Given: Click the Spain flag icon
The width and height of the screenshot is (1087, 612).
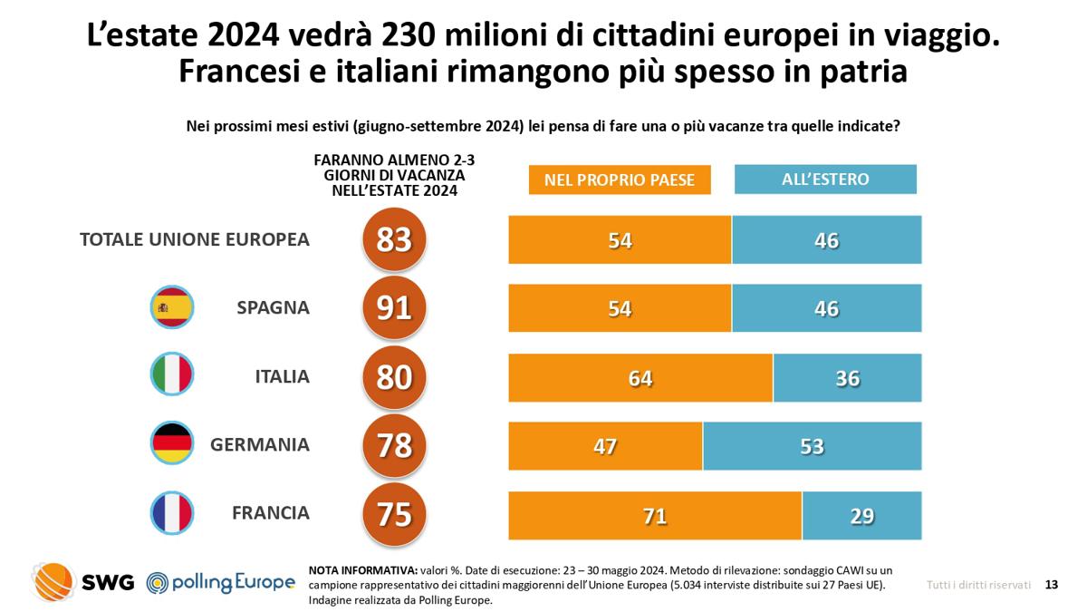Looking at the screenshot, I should point(171,308).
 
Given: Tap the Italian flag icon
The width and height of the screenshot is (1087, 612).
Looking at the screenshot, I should point(171,375).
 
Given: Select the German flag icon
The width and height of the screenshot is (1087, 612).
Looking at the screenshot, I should point(171,444).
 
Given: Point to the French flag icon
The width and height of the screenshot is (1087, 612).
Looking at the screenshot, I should point(171,513).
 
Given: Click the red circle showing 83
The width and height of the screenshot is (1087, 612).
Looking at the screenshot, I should point(394,239).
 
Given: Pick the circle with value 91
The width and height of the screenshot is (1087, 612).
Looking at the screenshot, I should point(394,308).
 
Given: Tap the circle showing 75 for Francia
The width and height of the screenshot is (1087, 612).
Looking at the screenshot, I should point(394,514).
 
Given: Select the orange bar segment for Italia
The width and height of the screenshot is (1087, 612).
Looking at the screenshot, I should point(640,377).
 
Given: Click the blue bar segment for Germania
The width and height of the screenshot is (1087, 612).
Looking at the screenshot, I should point(812,446).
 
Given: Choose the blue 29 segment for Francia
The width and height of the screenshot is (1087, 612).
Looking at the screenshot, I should point(861,515).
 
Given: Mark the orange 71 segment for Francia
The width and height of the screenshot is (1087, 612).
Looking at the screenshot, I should point(655,515).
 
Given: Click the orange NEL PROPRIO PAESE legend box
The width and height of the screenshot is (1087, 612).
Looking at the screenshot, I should point(620,180).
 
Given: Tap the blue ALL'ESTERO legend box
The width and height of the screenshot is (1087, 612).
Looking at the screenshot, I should point(825,179).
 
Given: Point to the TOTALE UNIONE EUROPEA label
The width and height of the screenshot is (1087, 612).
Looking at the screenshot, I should point(195,239).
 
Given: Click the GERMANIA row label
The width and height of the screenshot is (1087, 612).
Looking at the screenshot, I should point(260,445).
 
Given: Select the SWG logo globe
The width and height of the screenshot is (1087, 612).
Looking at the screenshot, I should point(53,581).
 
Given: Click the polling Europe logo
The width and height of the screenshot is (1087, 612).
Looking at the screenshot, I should point(221,582).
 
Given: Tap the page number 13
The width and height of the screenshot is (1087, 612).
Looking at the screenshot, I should point(1051,585).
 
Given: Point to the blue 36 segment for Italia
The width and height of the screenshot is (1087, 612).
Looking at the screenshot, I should point(847,377).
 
